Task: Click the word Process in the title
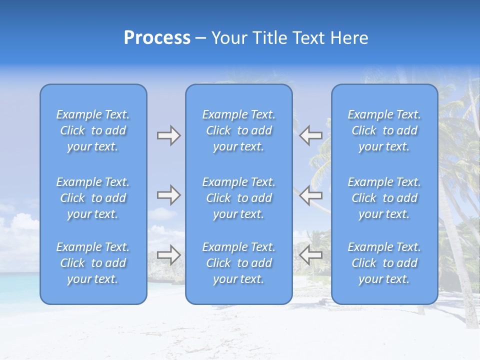click(x=157, y=38)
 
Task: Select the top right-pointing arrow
click(x=168, y=135)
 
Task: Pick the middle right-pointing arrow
click(x=168, y=194)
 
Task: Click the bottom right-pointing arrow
click(x=168, y=255)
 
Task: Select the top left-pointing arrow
click(x=311, y=135)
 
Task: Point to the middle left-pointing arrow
click(x=311, y=194)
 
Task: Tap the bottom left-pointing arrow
click(x=311, y=255)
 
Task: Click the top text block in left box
click(x=93, y=130)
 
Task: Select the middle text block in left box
click(x=93, y=198)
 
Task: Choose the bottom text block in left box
click(x=93, y=263)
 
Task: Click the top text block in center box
click(x=239, y=130)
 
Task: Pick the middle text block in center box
click(x=239, y=198)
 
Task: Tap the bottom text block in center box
click(x=239, y=263)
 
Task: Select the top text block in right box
click(x=384, y=130)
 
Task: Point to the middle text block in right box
click(x=384, y=198)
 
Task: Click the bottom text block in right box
click(x=384, y=263)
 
